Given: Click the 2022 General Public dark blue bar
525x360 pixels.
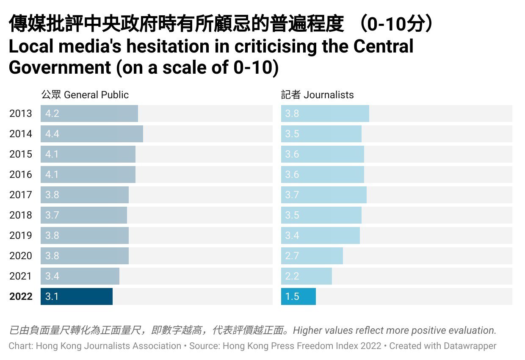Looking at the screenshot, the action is click(76, 296).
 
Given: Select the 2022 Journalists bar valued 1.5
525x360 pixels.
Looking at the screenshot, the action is click(298, 296).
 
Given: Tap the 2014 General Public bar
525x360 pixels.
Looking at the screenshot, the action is click(91, 134).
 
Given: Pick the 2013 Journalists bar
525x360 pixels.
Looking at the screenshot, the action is click(325, 114).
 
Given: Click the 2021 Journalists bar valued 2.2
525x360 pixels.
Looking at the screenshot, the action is click(307, 276).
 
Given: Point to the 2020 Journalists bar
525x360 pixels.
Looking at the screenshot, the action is click(312, 256).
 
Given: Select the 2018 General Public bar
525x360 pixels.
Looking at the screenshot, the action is click(84, 215).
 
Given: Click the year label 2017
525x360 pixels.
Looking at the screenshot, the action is click(21, 195).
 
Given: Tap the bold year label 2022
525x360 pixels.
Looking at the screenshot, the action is click(21, 296).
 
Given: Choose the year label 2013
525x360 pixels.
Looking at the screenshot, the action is click(21, 114).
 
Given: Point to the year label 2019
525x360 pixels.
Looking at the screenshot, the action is click(21, 235).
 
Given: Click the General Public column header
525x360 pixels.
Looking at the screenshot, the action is click(85, 95).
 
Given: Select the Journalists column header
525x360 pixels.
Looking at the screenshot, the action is click(318, 95).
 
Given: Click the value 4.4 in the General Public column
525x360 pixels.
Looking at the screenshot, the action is click(52, 134).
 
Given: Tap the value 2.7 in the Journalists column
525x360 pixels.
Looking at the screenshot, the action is click(292, 256).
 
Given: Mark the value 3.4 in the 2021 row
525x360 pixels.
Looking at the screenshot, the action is click(52, 276).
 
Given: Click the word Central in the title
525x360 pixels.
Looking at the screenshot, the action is click(383, 46).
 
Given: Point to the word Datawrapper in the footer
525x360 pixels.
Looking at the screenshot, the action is click(470, 346).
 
